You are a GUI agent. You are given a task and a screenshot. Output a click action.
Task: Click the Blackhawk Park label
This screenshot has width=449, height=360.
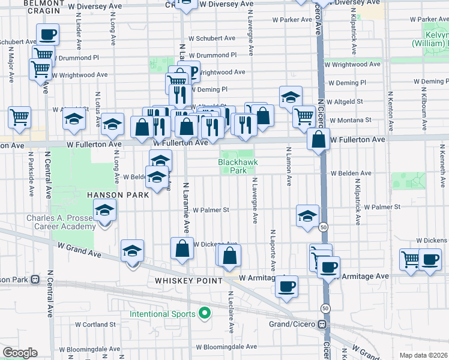click(232, 166)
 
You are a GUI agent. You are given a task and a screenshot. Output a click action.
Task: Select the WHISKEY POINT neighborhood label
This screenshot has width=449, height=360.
click(188, 281)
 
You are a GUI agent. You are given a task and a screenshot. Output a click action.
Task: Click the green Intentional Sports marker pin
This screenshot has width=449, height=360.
click(205, 313)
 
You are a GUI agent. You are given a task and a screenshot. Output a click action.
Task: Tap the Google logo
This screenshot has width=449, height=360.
click(20, 353)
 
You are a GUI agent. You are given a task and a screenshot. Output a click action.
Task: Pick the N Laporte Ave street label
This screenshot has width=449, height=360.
click(273, 249)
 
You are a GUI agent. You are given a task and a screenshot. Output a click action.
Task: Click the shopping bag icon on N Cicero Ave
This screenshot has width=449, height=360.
click(318, 140)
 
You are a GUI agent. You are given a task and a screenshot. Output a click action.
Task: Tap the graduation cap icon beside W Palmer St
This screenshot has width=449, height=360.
click(307, 215)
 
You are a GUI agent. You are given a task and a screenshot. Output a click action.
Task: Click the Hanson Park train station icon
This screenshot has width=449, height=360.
click(35, 279)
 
